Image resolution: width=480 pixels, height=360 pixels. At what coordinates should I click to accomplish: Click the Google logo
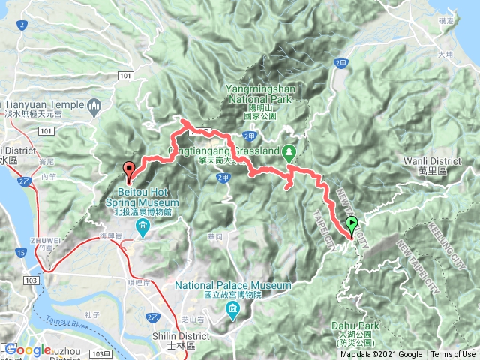point(28,349)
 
